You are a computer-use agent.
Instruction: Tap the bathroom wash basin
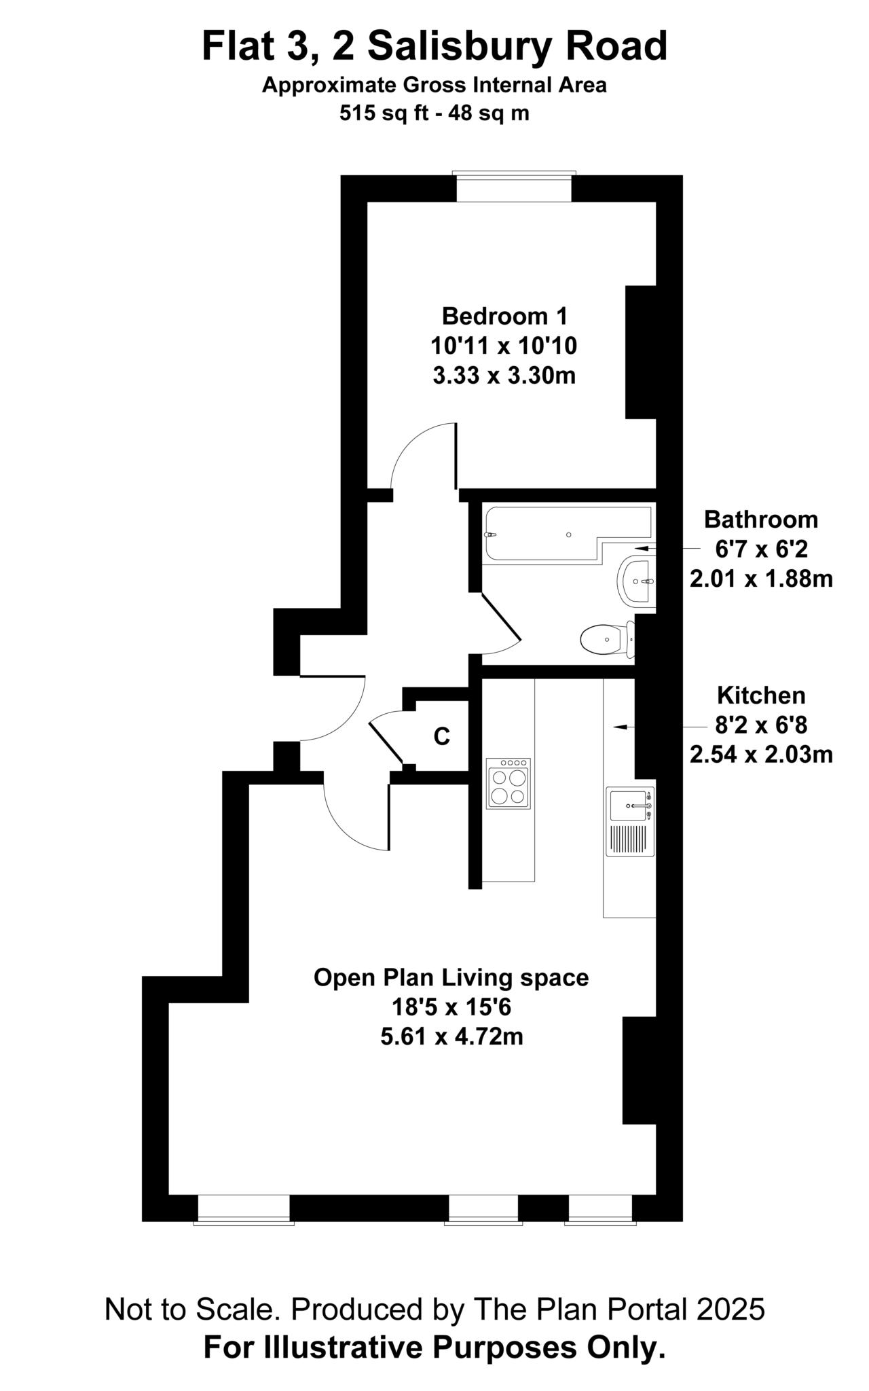637,581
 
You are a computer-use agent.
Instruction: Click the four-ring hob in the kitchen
509,784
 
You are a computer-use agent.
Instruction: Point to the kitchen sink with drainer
631,823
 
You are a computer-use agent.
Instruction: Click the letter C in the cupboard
441,736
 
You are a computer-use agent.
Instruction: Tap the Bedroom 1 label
504,316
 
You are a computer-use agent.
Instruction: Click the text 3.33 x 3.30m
504,375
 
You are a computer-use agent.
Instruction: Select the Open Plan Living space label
451,977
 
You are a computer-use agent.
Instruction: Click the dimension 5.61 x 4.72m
451,1036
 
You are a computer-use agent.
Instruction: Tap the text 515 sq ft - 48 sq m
434,113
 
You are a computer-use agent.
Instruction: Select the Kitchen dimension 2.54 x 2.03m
761,755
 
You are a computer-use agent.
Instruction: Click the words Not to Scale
188,1309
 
